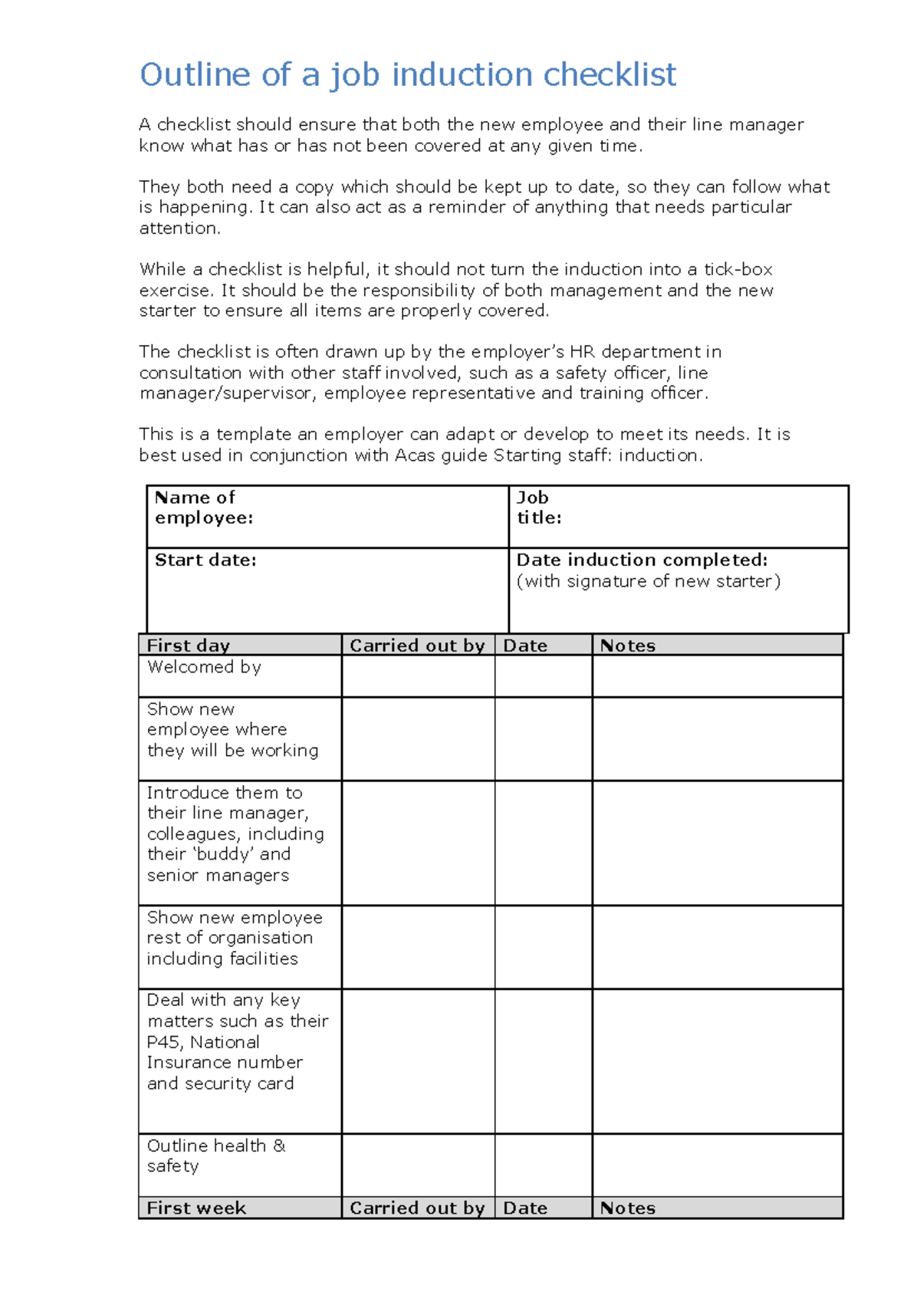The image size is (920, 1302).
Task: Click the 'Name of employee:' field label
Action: click(x=203, y=508)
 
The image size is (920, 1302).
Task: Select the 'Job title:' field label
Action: click(x=538, y=508)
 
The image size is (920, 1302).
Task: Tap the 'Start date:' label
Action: click(x=205, y=561)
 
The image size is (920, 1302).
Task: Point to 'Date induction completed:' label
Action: click(x=642, y=561)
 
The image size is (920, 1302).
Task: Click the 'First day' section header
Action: click(x=188, y=646)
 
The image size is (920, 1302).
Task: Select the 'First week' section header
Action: click(x=196, y=1208)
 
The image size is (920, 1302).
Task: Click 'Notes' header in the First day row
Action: click(x=627, y=646)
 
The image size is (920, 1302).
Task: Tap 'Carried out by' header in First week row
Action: click(x=417, y=1208)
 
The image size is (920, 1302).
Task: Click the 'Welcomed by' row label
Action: click(x=204, y=667)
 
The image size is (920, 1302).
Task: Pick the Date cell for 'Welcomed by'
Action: click(x=543, y=676)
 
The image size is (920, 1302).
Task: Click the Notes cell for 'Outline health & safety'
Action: click(x=717, y=1165)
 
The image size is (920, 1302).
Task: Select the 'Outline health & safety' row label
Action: click(x=215, y=1156)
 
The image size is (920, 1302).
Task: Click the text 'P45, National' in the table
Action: click(x=203, y=1042)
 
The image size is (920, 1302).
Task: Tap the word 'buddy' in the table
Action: click(x=223, y=854)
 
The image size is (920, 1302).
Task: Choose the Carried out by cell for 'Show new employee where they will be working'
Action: click(x=418, y=738)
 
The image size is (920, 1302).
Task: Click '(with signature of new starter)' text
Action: click(x=649, y=581)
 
